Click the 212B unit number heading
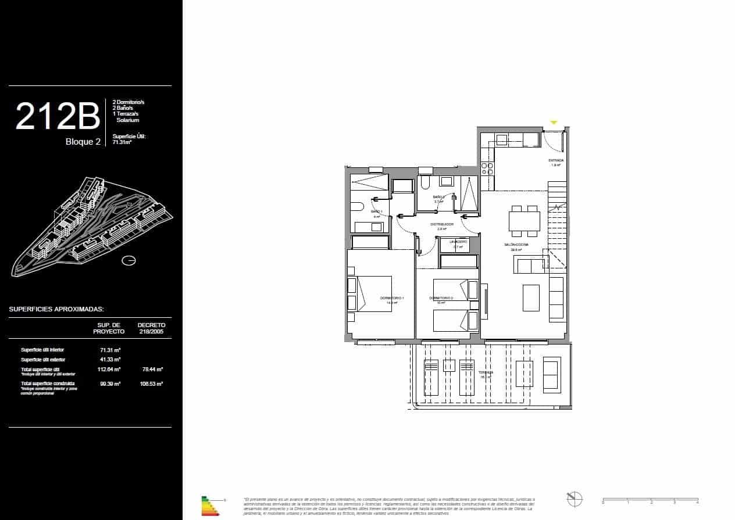[x=58, y=116]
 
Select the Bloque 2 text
[x=83, y=141]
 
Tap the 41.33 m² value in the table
[x=110, y=360]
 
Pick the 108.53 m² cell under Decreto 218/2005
[x=152, y=384]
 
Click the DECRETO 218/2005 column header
[x=151, y=328]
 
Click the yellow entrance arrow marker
[x=554, y=123]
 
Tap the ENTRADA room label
[x=555, y=160]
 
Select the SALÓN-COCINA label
[x=516, y=245]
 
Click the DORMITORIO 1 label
[x=392, y=298]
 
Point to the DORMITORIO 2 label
[x=441, y=298]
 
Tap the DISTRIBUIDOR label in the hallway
[x=441, y=224]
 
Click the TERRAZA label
[x=486, y=372]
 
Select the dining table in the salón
[x=524, y=221]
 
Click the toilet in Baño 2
[x=424, y=184]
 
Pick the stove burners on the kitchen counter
[x=487, y=168]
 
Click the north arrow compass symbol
[x=574, y=499]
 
